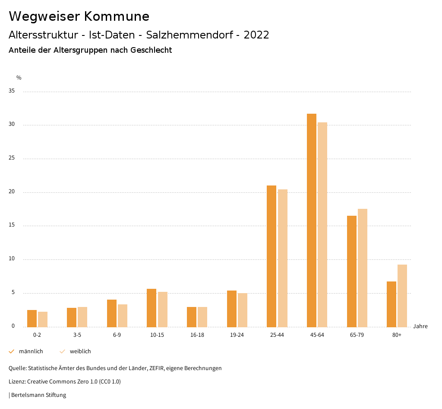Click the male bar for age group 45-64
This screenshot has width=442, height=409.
pyautogui.click(x=311, y=220)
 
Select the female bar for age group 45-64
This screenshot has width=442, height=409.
pyautogui.click(x=322, y=224)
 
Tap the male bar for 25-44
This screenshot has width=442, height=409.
pyautogui.click(x=272, y=256)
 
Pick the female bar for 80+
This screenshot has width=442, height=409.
pyautogui.click(x=402, y=296)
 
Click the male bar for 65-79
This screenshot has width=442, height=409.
pyautogui.click(x=352, y=271)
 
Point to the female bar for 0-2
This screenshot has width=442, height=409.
pyautogui.click(x=43, y=319)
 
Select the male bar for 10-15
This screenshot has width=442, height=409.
pyautogui.click(x=152, y=308)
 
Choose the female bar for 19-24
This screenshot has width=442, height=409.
pyautogui.click(x=243, y=310)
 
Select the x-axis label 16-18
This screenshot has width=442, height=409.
pyautogui.click(x=197, y=335)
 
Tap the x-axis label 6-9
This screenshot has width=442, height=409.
pyautogui.click(x=117, y=335)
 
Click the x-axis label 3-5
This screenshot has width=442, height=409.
pyautogui.click(x=77, y=335)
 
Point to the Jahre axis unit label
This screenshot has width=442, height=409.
pyautogui.click(x=420, y=326)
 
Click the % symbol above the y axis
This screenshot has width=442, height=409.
pyautogui.click(x=19, y=78)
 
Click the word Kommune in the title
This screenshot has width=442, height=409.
pyautogui.click(x=117, y=16)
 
